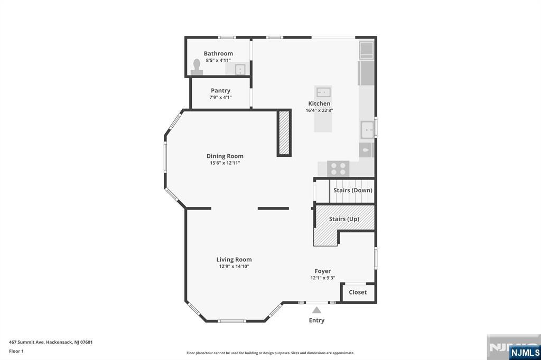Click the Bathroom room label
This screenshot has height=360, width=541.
click(x=218, y=53)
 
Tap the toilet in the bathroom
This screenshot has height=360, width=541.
click(x=197, y=67)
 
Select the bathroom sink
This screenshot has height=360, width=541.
click(x=240, y=69)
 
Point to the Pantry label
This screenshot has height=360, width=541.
click(x=220, y=91)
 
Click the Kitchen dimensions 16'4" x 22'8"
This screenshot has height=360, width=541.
click(x=319, y=110)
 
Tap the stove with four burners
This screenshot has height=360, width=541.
click(x=338, y=169)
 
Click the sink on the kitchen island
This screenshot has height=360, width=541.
click(x=323, y=92)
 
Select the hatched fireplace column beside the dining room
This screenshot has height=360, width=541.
click(x=284, y=133)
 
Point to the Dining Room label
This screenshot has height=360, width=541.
click(x=225, y=156)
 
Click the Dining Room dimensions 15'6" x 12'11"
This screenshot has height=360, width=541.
click(x=225, y=163)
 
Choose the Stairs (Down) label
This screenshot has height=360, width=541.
click(x=352, y=191)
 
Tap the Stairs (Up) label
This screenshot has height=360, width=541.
click(x=344, y=219)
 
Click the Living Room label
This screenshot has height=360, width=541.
click(x=234, y=260)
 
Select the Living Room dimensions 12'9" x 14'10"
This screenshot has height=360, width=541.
click(x=234, y=266)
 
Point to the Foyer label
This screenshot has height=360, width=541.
click(x=323, y=271)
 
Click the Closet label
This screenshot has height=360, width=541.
click(x=358, y=292)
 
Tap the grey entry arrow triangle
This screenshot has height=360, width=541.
click(x=317, y=310)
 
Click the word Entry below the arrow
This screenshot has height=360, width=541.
click(x=316, y=320)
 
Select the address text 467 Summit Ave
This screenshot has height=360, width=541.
click(x=26, y=342)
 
